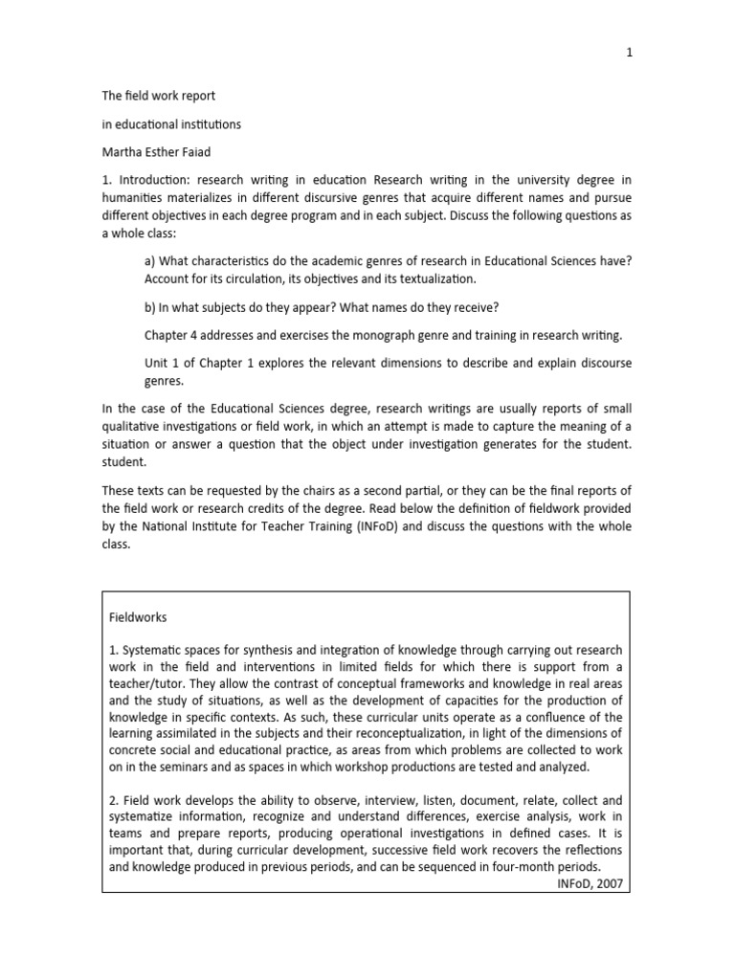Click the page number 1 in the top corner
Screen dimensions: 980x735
[x=629, y=54]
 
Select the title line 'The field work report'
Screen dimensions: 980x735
[x=159, y=96]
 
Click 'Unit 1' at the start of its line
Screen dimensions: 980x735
[x=163, y=363]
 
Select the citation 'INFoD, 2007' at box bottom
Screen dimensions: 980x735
[x=589, y=883]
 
